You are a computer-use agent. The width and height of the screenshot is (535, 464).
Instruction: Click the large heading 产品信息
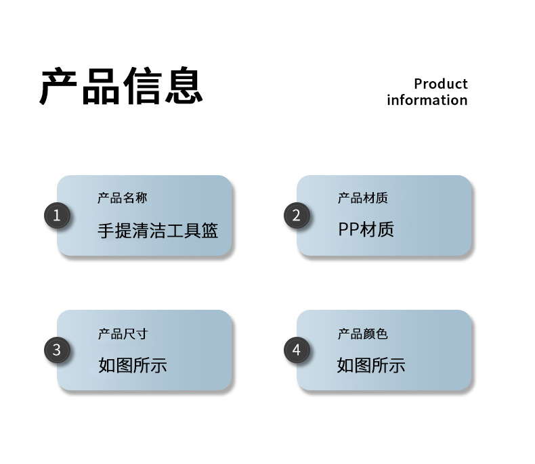click(x=121, y=87)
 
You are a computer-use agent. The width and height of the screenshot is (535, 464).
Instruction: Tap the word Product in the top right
click(x=440, y=84)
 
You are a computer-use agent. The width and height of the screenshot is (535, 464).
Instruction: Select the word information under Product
click(x=427, y=100)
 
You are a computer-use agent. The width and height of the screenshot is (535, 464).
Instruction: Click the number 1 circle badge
click(x=57, y=216)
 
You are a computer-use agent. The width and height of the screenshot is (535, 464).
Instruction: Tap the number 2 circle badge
click(x=296, y=216)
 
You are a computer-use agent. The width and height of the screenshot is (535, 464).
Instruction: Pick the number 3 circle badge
click(x=57, y=350)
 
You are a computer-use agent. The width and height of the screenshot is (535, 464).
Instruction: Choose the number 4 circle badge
click(x=296, y=350)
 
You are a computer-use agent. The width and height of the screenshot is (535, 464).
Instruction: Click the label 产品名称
click(x=122, y=198)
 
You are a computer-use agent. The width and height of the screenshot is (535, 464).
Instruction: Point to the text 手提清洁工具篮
click(x=158, y=231)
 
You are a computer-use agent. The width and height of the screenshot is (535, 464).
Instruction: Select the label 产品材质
click(x=362, y=198)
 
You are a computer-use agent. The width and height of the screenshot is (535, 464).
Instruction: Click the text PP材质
click(x=366, y=230)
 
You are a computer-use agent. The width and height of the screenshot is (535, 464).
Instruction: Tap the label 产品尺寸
click(x=122, y=333)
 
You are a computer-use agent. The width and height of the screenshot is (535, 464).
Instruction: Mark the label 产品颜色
click(x=362, y=333)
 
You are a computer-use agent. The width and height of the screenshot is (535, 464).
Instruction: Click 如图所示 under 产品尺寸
click(x=132, y=366)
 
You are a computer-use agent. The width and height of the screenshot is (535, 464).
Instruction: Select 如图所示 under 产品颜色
click(x=371, y=366)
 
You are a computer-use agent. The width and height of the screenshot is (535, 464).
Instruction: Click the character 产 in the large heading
click(x=60, y=87)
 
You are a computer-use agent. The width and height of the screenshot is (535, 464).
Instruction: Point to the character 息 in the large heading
click(x=183, y=87)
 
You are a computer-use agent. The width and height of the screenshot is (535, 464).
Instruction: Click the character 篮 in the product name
click(x=210, y=231)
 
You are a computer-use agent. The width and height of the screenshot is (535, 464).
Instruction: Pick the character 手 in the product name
click(x=106, y=231)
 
